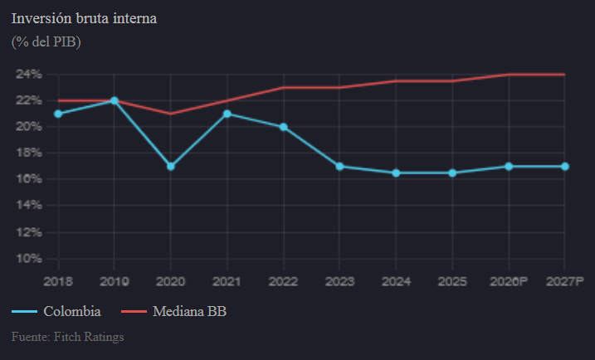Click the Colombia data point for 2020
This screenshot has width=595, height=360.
(170, 166)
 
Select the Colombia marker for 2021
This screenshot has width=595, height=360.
(227, 114)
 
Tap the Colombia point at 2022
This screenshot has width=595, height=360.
(283, 127)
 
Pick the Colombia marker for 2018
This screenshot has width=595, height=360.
(58, 114)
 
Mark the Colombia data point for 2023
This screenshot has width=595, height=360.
(339, 166)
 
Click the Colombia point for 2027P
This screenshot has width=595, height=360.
(564, 166)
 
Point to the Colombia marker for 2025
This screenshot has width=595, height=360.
(452, 173)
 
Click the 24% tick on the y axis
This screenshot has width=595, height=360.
(28, 74)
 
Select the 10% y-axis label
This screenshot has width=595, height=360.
(28, 259)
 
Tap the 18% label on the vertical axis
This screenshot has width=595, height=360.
(28, 153)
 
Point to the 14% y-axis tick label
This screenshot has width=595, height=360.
(28, 206)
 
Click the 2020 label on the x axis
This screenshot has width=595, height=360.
(170, 282)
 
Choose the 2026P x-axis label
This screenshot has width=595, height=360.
(508, 282)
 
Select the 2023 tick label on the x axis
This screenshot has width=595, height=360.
(339, 282)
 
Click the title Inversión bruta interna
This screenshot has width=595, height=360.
(84, 18)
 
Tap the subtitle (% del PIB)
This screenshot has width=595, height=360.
(46, 41)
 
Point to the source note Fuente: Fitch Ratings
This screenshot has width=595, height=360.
(67, 338)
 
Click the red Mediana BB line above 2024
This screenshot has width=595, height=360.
(396, 81)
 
